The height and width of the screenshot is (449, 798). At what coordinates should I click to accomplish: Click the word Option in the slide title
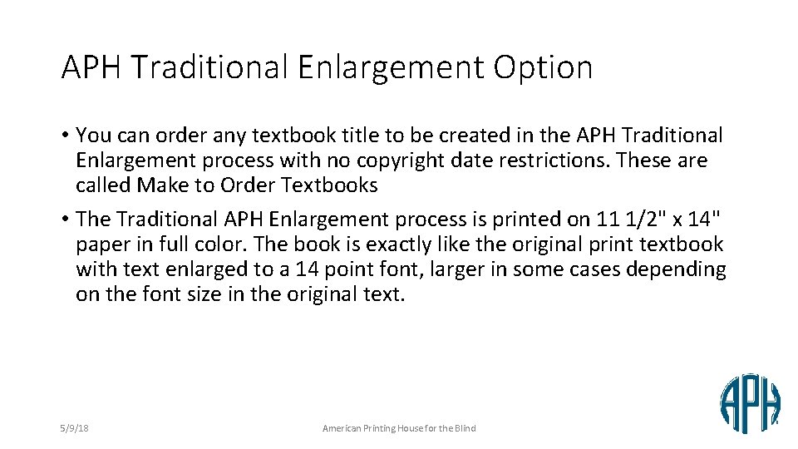point(543,68)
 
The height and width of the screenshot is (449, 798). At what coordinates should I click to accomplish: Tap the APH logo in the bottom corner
point(750,403)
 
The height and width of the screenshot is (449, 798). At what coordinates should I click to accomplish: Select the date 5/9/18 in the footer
point(75,428)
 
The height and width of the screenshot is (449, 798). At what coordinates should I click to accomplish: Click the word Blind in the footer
point(465,428)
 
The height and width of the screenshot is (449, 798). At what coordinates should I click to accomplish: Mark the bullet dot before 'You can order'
point(65,135)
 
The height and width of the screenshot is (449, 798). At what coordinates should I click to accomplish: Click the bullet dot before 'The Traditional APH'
point(65,220)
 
